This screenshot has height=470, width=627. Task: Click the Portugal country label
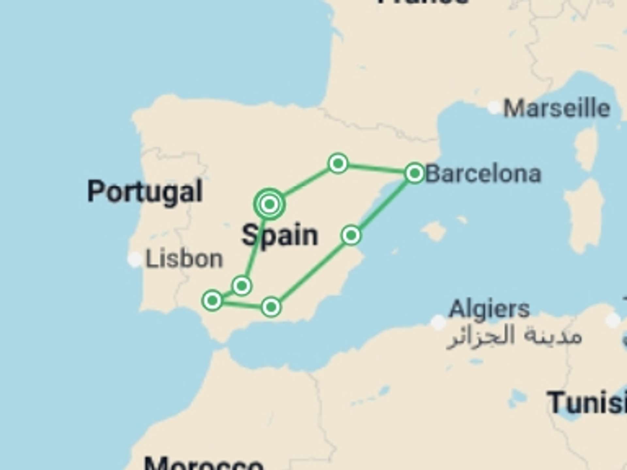tap(145, 192)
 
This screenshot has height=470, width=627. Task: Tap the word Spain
tap(280, 235)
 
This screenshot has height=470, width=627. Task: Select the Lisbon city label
tap(184, 259)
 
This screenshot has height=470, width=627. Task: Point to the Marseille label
tap(556, 108)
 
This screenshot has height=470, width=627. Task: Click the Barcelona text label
tap(483, 174)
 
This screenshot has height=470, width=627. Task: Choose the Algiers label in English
tap(489, 309)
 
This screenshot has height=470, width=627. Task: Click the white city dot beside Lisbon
tap(135, 259)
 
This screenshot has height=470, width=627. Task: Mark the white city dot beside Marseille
tap(494, 107)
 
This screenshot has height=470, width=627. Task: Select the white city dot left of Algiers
tap(438, 322)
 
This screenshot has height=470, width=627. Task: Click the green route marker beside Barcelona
tap(414, 173)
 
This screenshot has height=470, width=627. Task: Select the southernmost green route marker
tap(271, 307)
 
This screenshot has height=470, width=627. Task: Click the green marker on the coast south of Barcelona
tap(351, 235)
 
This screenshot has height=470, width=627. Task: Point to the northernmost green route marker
tap(338, 163)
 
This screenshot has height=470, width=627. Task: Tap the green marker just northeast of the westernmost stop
tap(242, 286)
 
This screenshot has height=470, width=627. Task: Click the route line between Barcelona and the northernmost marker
tap(376, 168)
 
